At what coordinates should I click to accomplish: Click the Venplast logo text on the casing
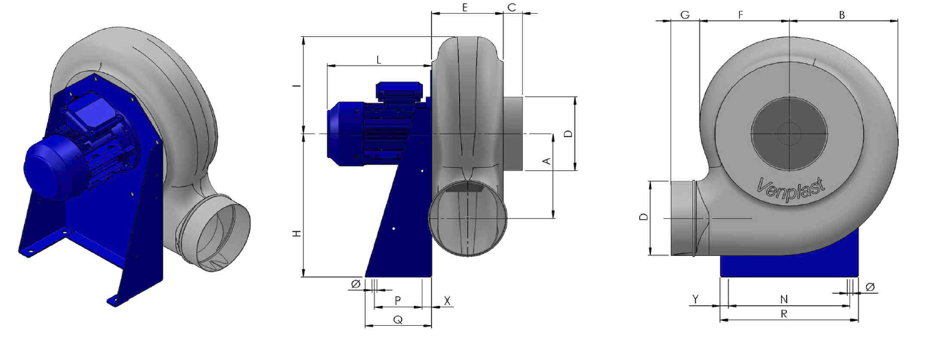tap(791, 190)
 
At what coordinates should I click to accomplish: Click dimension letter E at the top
tap(465, 8)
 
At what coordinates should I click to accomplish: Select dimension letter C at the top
tap(511, 8)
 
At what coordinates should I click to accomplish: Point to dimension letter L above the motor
tap(379, 60)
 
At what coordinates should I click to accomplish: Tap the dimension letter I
tap(298, 86)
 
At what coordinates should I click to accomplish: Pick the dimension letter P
tap(398, 300)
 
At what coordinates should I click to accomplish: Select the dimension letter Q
tap(398, 320)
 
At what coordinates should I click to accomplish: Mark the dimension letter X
tap(447, 301)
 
